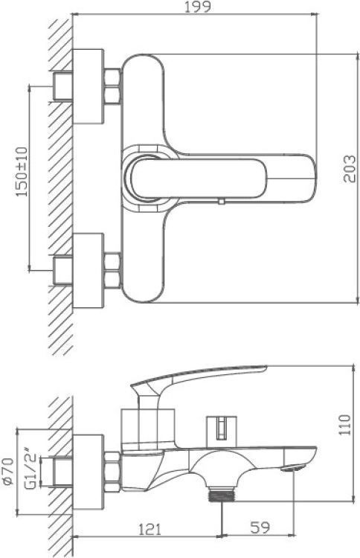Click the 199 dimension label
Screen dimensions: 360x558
pos(197,7)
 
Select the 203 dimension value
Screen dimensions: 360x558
pos(350,169)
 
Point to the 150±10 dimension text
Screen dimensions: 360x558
pos(22,171)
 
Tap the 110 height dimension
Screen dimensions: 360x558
pos(344,424)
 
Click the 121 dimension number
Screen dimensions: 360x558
pos(150,529)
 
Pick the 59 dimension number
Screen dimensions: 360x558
pos(260,527)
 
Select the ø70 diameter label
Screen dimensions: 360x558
pos(8,471)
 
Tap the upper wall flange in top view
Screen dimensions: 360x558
pos(89,86)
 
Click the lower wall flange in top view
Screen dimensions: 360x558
pos(89,271)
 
